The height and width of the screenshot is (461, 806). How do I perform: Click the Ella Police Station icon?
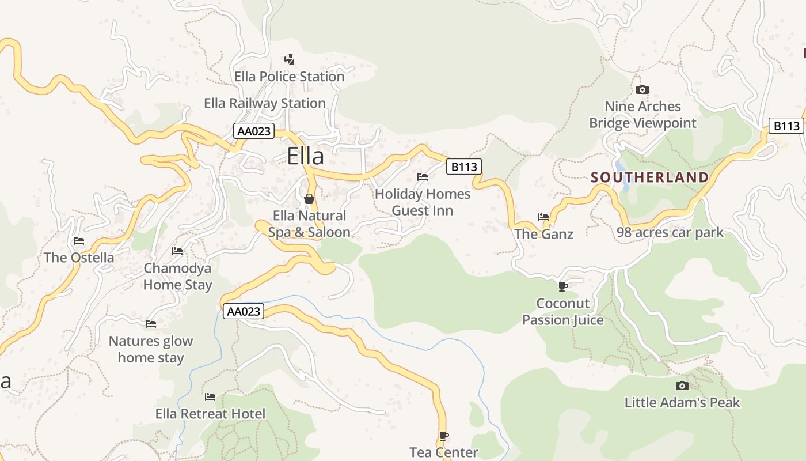290,59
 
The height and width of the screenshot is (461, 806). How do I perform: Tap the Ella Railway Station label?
265,103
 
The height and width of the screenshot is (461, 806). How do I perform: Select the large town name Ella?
305,156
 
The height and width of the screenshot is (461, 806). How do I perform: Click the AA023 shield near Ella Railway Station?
253,131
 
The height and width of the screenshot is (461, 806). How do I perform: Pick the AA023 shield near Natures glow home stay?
244,312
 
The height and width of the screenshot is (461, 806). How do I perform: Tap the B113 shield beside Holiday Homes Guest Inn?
463,167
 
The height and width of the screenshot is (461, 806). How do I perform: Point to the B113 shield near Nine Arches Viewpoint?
786,126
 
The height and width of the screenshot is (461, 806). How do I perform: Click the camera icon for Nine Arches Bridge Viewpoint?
642,89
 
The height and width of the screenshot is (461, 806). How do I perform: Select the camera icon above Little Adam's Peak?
682,386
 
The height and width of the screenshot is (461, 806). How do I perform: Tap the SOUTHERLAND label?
650,177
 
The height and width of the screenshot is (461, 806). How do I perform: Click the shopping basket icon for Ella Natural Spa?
309,199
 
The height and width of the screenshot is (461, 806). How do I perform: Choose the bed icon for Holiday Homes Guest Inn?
423,176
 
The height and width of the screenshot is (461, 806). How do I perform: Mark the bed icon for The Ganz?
543,217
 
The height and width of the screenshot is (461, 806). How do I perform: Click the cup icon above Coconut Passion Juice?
562,286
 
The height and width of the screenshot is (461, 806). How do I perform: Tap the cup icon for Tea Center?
443,436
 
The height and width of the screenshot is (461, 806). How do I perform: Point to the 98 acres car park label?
670,232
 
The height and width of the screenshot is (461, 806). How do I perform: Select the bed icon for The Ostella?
79,241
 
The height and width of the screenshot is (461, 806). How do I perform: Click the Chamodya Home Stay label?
177,276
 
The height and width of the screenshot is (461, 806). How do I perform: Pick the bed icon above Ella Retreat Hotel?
210,397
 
